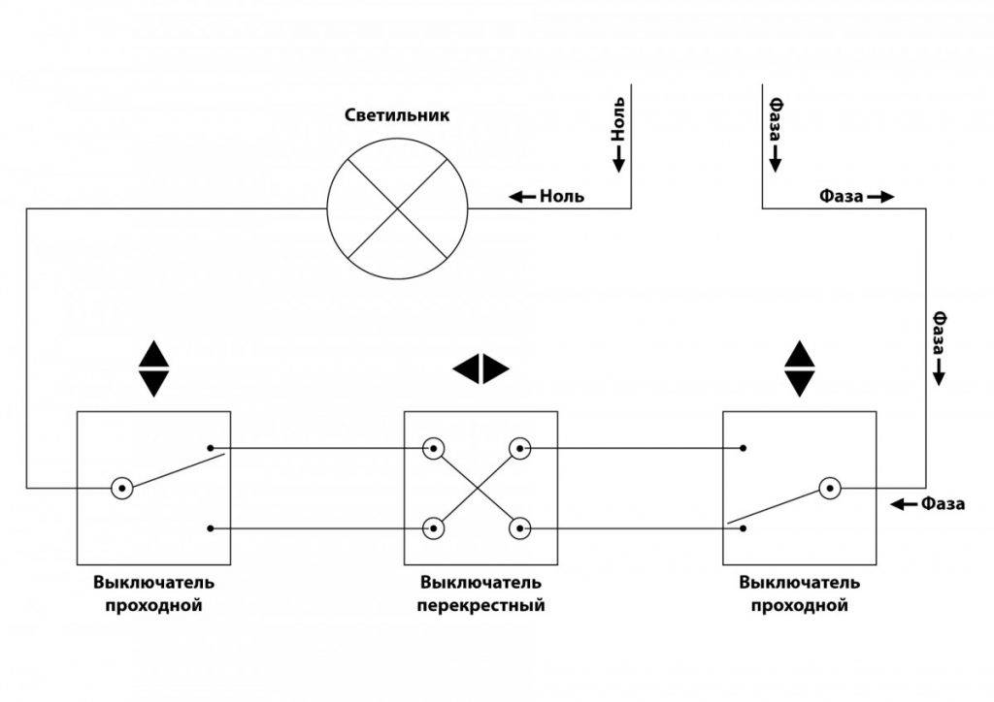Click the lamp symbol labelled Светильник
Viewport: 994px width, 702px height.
click(398, 207)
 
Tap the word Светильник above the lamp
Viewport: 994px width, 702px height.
click(397, 115)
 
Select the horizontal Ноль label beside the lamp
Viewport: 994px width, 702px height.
click(548, 196)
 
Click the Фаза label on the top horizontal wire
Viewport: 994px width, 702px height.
click(855, 196)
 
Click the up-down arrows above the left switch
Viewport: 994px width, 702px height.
click(153, 368)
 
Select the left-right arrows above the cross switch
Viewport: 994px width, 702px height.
click(480, 368)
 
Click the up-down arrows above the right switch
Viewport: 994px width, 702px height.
click(800, 368)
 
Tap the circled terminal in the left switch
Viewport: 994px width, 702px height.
click(121, 488)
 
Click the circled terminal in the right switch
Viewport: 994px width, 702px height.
click(830, 488)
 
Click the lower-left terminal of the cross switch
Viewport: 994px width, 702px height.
click(432, 528)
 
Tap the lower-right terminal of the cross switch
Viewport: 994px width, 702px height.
click(521, 528)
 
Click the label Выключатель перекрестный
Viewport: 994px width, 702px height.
click(480, 594)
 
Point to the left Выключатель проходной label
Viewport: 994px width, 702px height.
click(153, 594)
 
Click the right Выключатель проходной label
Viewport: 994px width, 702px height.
click(799, 594)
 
